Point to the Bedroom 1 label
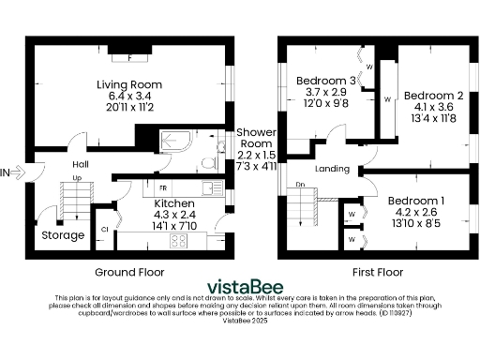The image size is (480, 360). pos(416,202)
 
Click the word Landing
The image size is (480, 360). pos(333,170)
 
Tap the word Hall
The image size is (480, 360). pos(81,163)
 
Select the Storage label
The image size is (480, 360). pos(63,235)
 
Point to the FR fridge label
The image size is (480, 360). pos(150,189)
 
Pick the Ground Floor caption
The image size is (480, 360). pos(129,272)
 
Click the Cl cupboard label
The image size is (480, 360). pos(105,228)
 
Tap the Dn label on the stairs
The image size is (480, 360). pos(300,185)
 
